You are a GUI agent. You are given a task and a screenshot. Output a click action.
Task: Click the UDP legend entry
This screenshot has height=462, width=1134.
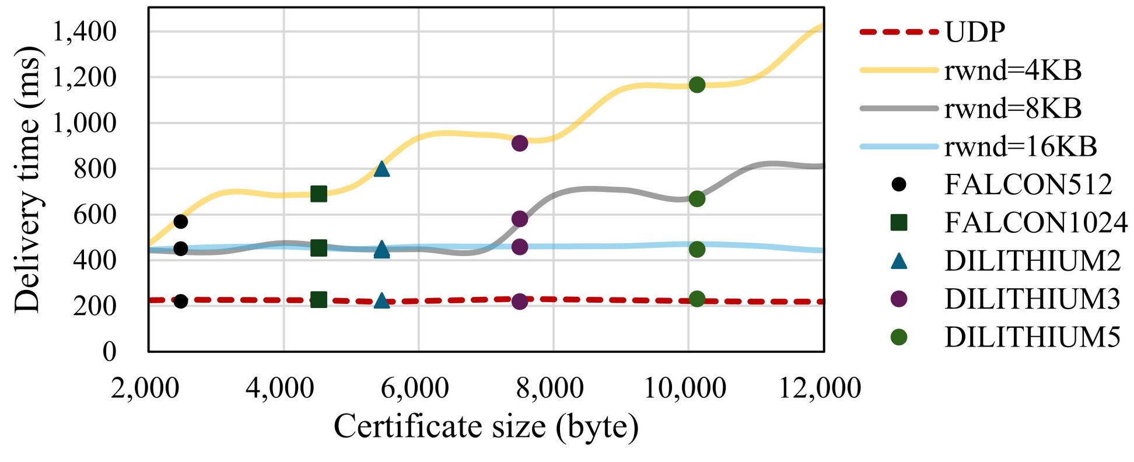(975, 32)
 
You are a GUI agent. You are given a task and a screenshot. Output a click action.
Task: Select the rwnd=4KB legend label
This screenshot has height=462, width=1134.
(1013, 70)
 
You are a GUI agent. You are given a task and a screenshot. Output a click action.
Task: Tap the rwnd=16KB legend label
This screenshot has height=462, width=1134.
(1020, 146)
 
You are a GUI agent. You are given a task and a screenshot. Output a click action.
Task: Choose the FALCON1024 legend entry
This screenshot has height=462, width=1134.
(1035, 222)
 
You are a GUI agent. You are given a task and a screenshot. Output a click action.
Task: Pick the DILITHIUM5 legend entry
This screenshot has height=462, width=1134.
(1032, 337)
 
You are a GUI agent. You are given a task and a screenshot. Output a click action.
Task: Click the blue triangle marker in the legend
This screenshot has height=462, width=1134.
(900, 261)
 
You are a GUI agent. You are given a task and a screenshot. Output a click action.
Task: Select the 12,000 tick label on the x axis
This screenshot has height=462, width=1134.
(820, 388)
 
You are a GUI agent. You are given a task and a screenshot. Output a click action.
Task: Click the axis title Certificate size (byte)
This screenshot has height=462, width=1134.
(486, 427)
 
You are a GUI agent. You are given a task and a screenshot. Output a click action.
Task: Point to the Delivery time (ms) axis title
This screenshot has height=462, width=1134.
(27, 179)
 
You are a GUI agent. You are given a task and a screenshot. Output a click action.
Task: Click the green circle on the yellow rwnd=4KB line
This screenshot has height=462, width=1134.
(696, 85)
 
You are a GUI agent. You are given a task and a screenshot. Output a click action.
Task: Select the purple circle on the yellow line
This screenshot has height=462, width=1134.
(520, 143)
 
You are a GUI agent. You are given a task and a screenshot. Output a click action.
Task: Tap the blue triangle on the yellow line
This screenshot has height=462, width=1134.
(381, 169)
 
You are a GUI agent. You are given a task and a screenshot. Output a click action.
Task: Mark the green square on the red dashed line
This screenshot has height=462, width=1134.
(318, 300)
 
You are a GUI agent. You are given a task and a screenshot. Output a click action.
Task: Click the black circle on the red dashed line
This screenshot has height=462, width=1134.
(181, 302)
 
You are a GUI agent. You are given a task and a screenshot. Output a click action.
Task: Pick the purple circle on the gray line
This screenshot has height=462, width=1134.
(520, 219)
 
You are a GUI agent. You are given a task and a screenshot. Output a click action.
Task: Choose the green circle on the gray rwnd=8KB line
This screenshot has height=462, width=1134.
(696, 199)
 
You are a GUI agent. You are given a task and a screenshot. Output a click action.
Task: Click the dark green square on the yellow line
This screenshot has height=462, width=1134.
(318, 194)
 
